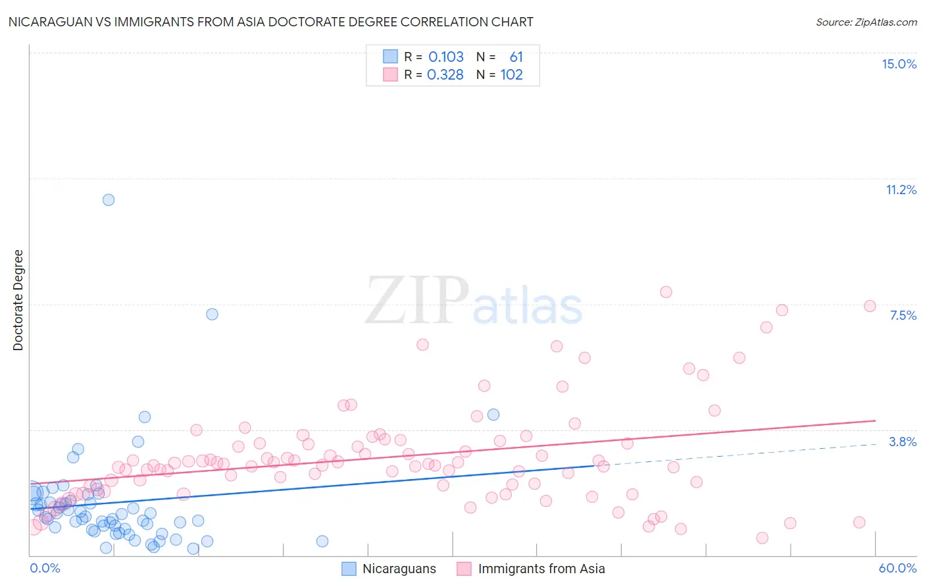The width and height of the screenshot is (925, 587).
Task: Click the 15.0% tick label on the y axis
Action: (x=899, y=64)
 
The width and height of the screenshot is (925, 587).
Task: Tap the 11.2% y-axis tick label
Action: (x=901, y=190)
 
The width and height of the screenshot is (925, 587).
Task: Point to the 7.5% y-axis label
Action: (x=903, y=315)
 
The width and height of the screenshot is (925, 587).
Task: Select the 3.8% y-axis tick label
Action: (x=903, y=442)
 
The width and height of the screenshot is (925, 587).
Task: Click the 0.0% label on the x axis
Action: (x=45, y=568)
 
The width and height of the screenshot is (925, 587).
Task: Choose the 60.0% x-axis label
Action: (x=897, y=568)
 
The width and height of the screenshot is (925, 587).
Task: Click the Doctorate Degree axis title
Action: (x=18, y=300)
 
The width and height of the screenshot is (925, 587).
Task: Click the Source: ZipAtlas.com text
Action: (x=866, y=22)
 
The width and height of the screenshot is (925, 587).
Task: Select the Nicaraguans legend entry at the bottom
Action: (x=399, y=569)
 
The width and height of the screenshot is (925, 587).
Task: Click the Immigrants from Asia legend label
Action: (x=541, y=569)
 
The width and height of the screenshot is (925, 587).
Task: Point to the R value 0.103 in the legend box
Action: (x=446, y=57)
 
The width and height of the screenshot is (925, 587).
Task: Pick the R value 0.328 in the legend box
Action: (x=445, y=75)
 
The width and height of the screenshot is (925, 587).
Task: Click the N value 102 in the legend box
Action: (x=511, y=75)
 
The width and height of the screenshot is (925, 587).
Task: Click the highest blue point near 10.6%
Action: (x=109, y=199)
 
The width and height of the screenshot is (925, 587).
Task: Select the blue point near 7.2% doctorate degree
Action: (x=212, y=314)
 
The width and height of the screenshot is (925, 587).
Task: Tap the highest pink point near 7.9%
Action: (x=666, y=292)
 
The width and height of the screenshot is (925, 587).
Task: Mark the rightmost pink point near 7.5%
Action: (x=870, y=306)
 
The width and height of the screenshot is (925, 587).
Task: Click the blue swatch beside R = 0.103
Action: (x=391, y=57)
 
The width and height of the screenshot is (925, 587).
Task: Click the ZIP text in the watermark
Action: (x=416, y=301)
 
